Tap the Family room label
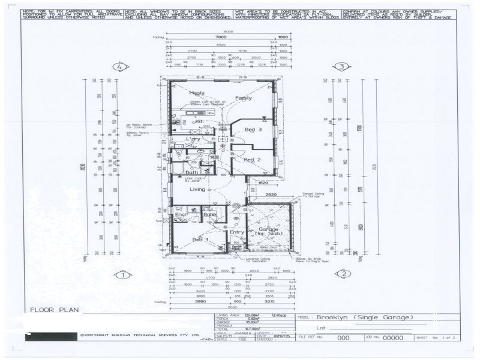tap(244, 98)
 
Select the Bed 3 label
tap(253, 130)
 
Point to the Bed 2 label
tap(252, 160)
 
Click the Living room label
tap(197, 190)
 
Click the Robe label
tap(209, 214)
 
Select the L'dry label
tap(193, 139)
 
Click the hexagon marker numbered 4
tap(122, 67)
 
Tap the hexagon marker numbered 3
tap(342, 67)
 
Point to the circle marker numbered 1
tap(122, 275)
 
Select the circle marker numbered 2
tap(343, 274)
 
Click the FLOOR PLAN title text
tap(55, 310)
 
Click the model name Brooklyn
tap(334, 317)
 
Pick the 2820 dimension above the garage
tap(271, 195)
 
